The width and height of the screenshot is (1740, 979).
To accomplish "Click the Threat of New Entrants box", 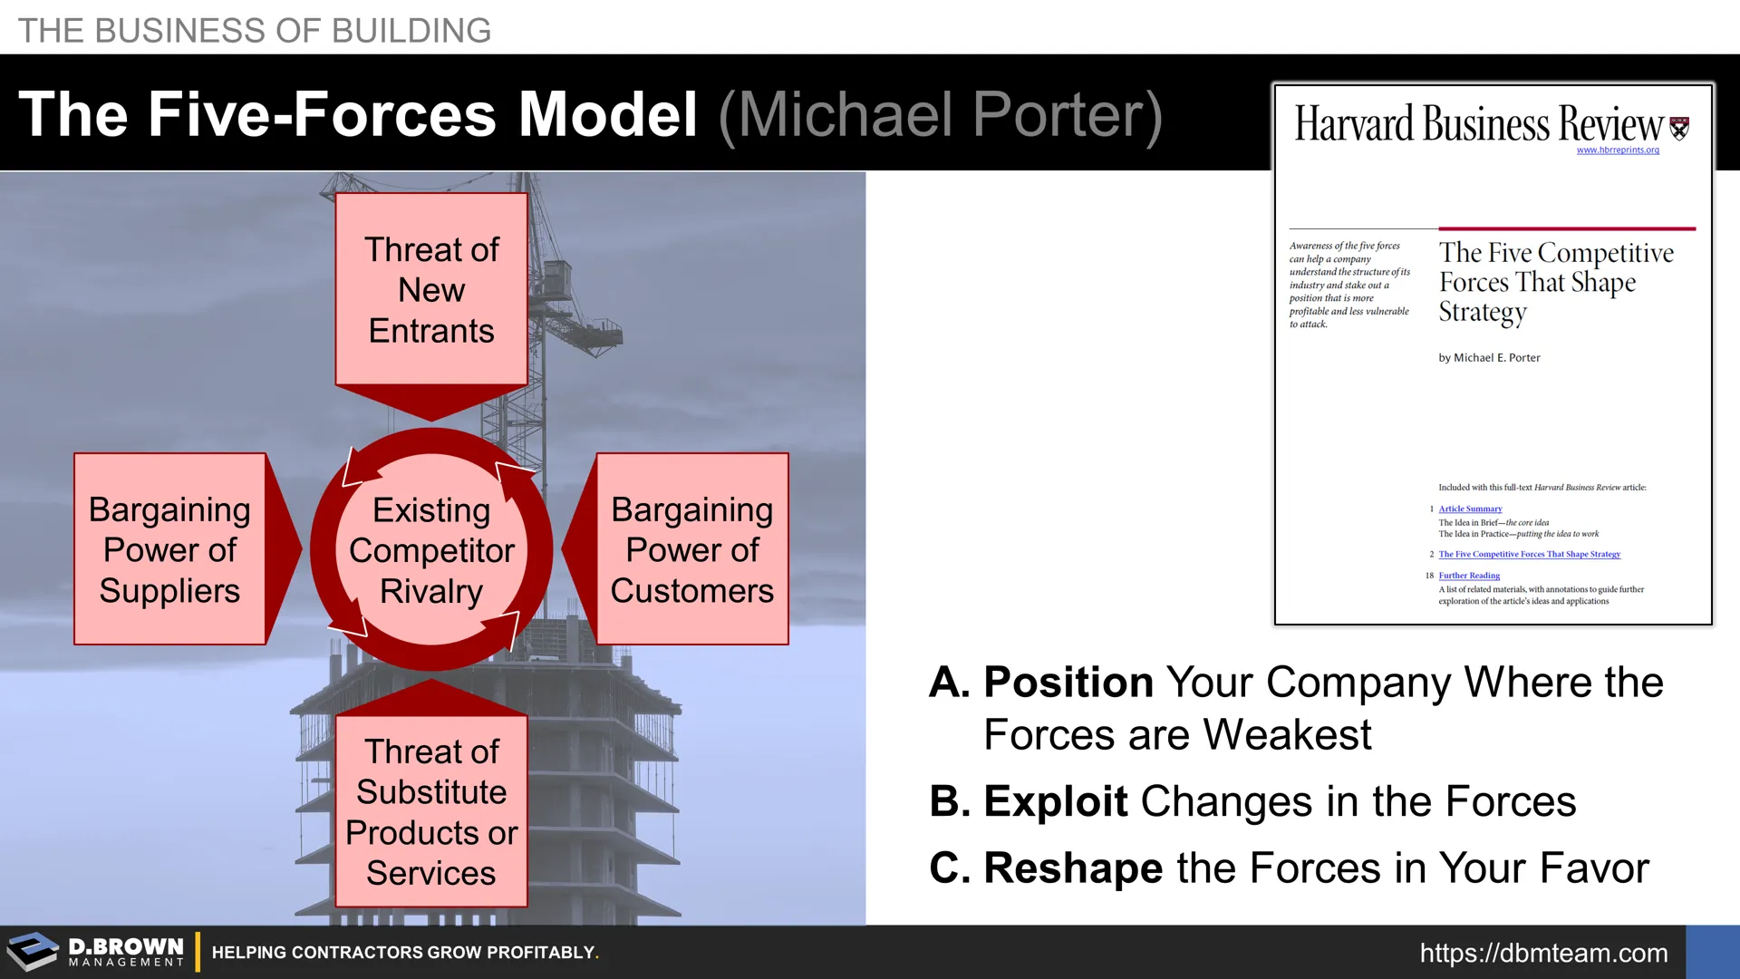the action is (x=431, y=288).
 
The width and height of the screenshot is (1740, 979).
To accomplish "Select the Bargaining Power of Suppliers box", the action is (x=169, y=549).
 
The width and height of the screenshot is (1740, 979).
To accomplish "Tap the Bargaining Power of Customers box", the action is (x=692, y=549).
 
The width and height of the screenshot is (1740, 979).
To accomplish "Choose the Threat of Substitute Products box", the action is (x=431, y=811).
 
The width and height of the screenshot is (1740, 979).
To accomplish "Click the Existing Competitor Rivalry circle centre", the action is (x=431, y=549).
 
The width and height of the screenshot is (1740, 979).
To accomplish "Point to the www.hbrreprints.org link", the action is (x=1618, y=150).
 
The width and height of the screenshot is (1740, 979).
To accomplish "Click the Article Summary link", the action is (x=1470, y=509).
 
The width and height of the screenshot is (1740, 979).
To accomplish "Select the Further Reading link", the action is (x=1469, y=576).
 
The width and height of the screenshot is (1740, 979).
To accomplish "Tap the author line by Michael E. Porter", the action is (x=1489, y=358).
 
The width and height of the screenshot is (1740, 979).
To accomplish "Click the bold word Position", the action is (x=1068, y=682).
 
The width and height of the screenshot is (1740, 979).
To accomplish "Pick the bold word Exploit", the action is (x=1056, y=801).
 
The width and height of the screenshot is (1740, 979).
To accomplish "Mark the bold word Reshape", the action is (x=1073, y=868).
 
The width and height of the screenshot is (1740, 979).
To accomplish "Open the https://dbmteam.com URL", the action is (x=1543, y=953).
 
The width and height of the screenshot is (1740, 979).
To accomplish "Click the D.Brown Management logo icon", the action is (x=33, y=952).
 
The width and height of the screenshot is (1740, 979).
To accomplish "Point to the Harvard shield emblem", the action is (x=1679, y=128).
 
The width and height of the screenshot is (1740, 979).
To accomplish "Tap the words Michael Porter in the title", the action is (x=940, y=115).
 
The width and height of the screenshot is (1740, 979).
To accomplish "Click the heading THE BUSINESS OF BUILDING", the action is (x=255, y=31).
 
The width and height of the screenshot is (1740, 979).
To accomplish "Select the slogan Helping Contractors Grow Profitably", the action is (x=405, y=953).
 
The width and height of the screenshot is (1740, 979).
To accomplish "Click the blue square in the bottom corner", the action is (x=1713, y=952).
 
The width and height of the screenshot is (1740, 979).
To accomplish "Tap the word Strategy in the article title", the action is (x=1483, y=313).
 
